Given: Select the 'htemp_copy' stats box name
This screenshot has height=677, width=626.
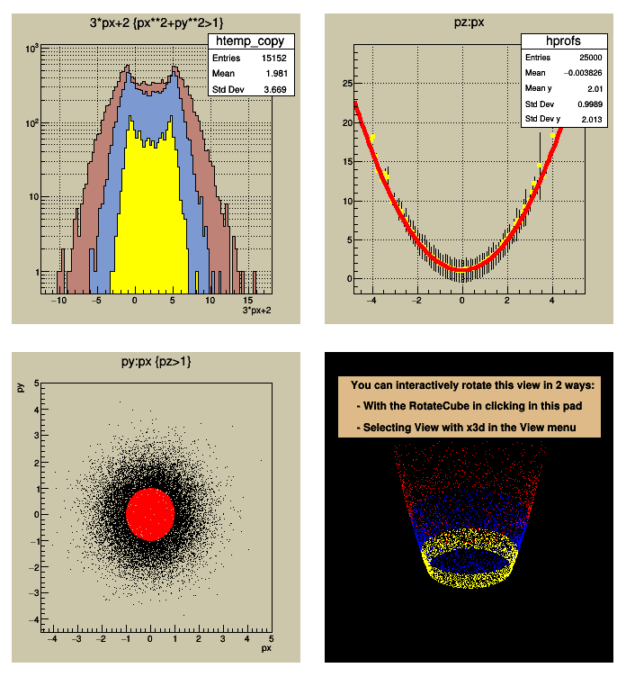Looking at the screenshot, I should click(x=251, y=41).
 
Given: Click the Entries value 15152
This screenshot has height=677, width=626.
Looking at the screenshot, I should click(x=273, y=58).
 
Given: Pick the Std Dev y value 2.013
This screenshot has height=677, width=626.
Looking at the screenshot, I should click(x=588, y=119).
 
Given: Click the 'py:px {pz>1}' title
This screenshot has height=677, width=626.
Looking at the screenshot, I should click(x=150, y=361).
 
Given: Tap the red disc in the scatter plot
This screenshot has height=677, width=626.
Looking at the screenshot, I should click(x=150, y=512).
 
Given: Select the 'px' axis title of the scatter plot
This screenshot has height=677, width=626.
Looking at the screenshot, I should click(x=266, y=647).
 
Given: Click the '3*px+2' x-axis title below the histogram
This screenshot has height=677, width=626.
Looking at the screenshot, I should click(x=258, y=311).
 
